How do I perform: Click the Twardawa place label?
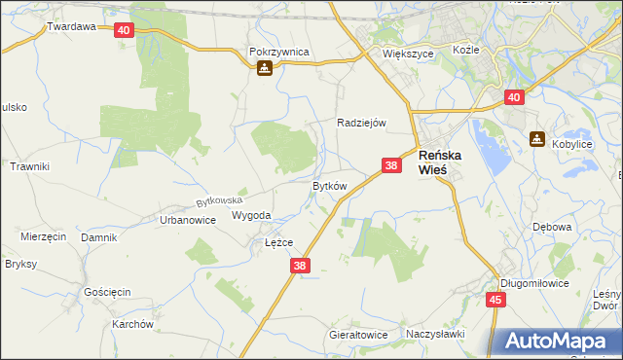tap(72, 27)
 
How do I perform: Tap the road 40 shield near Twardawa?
tap(123, 30)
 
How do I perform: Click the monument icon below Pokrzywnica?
tap(264, 69)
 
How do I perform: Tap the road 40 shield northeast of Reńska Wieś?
tap(515, 97)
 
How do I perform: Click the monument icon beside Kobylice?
tap(535, 139)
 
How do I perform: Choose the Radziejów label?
tap(362, 124)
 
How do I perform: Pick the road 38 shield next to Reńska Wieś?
tap(391, 166)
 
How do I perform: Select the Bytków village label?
tap(329, 186)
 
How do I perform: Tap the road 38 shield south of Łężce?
tap(300, 266)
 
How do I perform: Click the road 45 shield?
tap(495, 301)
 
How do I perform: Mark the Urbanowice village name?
tap(187, 221)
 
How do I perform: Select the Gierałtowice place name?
tap(358, 335)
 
